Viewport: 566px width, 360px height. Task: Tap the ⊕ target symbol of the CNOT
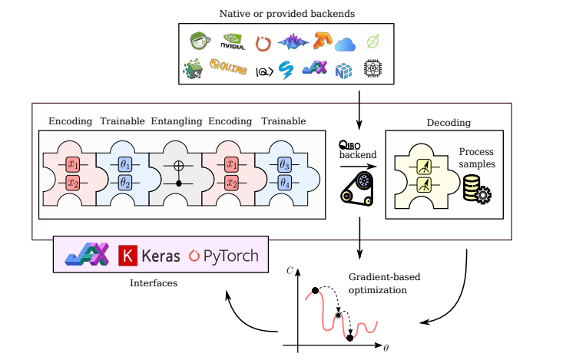(x=177, y=164)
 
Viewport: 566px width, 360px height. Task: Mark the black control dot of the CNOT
(x=179, y=184)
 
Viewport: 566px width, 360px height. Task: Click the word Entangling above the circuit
(x=176, y=121)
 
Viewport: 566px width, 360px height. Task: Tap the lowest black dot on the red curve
(x=350, y=337)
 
